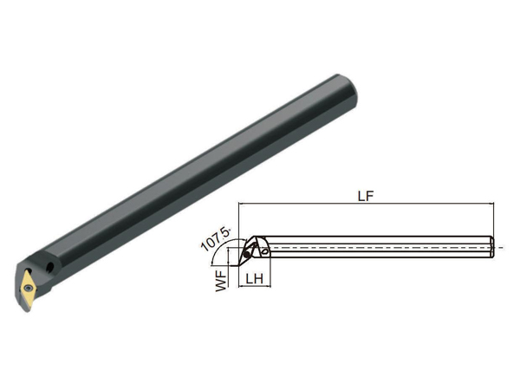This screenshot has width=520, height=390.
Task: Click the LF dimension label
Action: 366,196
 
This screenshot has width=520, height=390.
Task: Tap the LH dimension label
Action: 254,279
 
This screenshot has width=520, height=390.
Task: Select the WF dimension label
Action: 221,281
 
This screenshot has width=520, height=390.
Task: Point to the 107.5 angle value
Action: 216,239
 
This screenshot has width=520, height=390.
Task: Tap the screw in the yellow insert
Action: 29,288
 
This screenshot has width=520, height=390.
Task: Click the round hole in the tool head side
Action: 50,266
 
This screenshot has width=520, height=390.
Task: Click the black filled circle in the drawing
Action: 247,255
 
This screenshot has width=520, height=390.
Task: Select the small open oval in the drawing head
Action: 264,252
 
